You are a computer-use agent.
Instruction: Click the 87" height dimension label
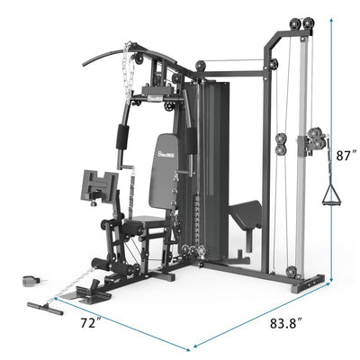tap(345, 155)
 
